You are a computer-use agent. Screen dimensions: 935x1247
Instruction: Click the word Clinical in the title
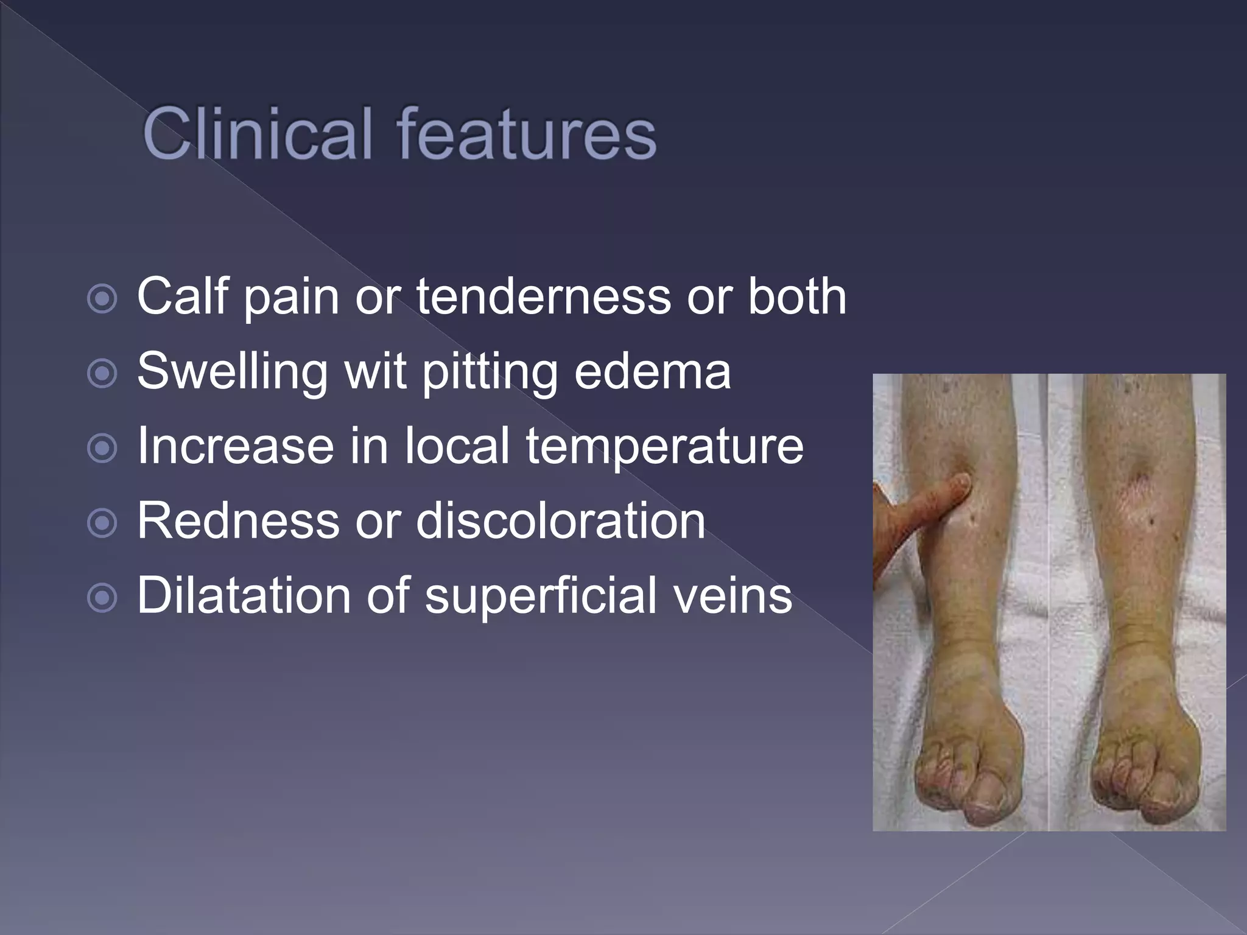click(x=256, y=134)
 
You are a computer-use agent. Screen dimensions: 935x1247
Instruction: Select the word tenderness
click(x=543, y=296)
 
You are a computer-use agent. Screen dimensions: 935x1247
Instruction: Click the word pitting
click(x=490, y=373)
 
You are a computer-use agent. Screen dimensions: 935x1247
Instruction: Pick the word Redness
click(x=238, y=520)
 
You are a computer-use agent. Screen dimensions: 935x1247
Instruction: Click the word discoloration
click(x=560, y=520)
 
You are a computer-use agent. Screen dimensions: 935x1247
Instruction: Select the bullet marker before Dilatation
click(x=102, y=598)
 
